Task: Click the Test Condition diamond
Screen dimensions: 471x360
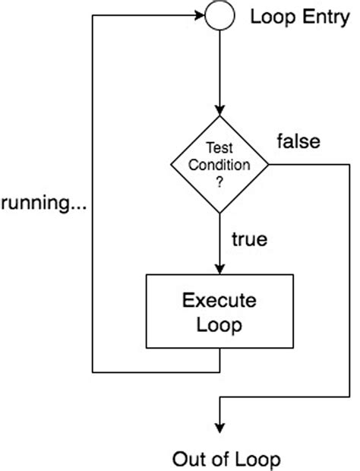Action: [x=220, y=163]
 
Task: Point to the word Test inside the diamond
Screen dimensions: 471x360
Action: [x=220, y=150]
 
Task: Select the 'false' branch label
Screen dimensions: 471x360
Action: [x=298, y=141]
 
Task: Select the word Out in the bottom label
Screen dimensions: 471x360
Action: [x=188, y=459]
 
